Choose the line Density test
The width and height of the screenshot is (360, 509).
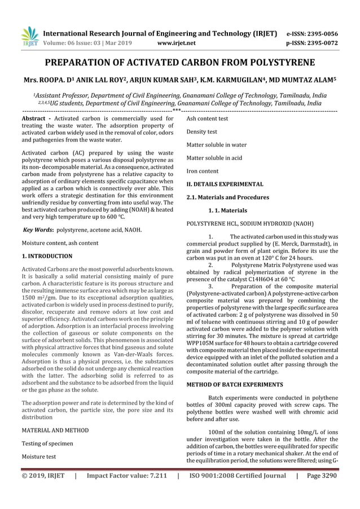point(201,131)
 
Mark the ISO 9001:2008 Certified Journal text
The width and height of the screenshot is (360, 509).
point(238,492)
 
